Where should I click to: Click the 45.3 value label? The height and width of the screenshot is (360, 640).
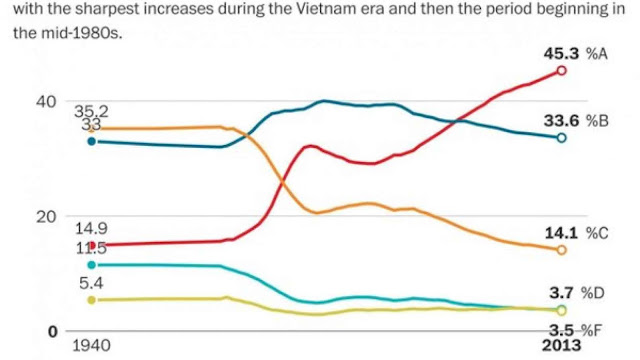[561, 54]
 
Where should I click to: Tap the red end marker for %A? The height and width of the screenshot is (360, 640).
[562, 71]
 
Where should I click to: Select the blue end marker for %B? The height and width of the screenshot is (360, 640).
[562, 138]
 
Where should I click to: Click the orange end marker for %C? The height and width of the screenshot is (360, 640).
[562, 250]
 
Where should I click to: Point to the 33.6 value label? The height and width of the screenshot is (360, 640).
[561, 121]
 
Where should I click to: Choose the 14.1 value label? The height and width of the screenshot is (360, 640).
[561, 233]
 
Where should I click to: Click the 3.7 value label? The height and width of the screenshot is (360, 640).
[561, 293]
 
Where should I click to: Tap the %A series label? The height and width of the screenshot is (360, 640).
[597, 54]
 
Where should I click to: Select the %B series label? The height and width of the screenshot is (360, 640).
[597, 121]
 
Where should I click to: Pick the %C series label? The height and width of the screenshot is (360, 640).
[597, 233]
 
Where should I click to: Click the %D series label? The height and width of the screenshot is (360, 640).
[593, 293]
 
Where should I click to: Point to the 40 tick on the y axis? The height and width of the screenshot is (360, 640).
[46, 102]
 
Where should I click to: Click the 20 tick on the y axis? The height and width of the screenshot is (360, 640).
[46, 217]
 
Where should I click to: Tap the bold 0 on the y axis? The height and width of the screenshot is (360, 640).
[53, 332]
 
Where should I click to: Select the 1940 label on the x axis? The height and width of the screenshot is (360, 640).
[91, 346]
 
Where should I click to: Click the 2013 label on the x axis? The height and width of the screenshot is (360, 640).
[561, 345]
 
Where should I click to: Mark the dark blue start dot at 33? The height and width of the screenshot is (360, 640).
[92, 141]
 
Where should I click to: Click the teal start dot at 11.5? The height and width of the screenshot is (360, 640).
[92, 265]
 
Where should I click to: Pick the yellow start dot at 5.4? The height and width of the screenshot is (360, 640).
[92, 300]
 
